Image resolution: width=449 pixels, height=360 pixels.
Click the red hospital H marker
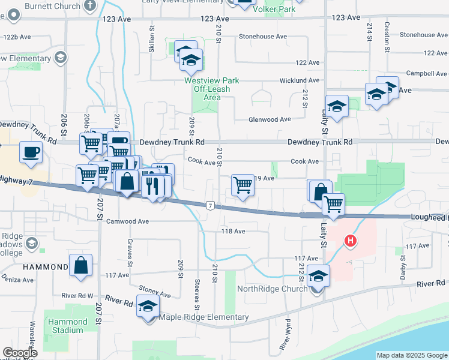(350, 241)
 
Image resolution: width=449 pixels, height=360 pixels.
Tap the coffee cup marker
(30, 152)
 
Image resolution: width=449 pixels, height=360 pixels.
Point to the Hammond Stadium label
(67, 326)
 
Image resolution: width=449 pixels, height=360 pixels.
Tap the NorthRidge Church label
(273, 289)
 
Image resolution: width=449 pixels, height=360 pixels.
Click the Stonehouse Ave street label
(263, 37)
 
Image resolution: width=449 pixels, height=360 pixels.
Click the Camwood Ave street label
(127, 221)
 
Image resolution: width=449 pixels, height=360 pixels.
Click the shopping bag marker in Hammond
(80, 265)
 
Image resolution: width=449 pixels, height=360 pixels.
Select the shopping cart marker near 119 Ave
(243, 185)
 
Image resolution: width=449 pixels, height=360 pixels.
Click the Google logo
(20, 353)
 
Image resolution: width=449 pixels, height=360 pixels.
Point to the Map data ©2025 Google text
(412, 355)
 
